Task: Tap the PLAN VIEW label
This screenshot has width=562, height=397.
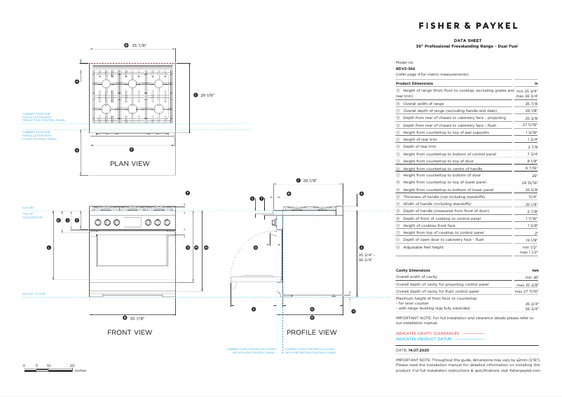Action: coord(130,163)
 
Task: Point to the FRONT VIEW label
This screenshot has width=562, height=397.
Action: coord(130,332)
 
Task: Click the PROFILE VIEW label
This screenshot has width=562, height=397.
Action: coord(312,332)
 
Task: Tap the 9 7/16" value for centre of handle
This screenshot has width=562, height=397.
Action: coord(530,169)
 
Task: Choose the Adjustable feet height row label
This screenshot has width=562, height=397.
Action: coord(423,247)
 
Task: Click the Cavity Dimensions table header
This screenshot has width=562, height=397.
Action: coord(413,270)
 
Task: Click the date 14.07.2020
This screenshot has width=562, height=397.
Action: coord(418,349)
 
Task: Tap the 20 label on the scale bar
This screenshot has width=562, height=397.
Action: coord(72,365)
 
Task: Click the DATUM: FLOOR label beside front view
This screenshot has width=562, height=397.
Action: coord(33,293)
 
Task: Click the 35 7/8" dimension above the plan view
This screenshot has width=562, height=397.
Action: coord(138,46)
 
